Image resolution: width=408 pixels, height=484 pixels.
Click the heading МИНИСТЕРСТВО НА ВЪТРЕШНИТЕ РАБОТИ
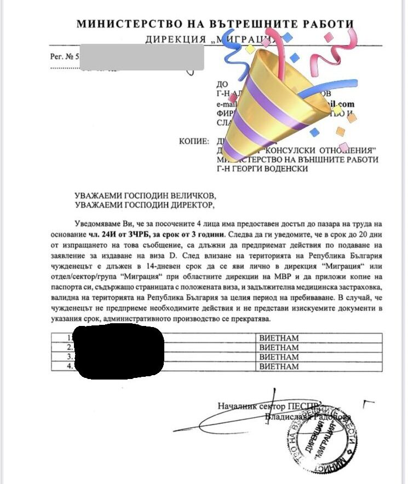click(215, 25)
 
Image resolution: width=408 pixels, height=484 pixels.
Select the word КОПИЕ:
click(193, 141)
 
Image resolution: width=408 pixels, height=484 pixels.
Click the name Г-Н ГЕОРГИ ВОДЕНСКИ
click(263, 168)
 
